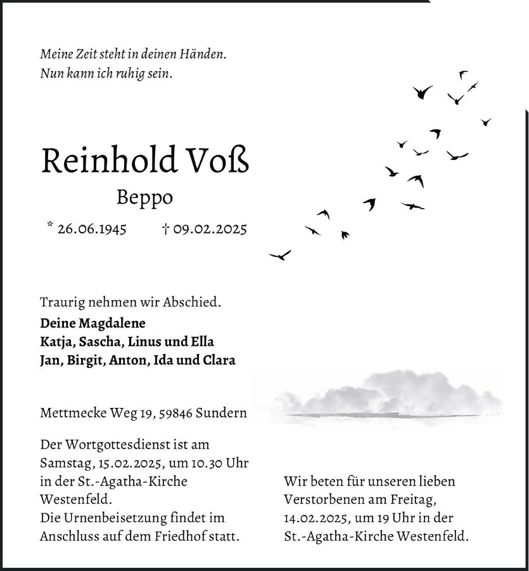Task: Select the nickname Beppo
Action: pos(144,197)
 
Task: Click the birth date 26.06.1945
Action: pos(91,228)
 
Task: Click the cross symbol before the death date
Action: pos(165,228)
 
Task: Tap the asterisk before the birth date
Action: pos(49,225)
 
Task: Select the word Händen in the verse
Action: pos(204,55)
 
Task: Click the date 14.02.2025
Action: pos(315,518)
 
